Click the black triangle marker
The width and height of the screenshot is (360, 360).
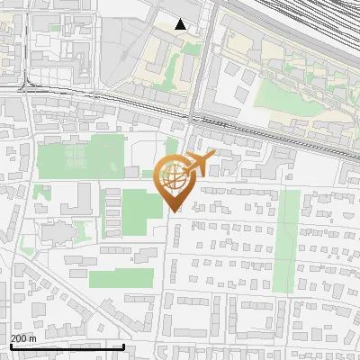[181, 24]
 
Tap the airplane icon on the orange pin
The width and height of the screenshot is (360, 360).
[202, 162]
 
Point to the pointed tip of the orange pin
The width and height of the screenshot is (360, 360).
[175, 212]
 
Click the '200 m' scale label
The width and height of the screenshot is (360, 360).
[24, 338]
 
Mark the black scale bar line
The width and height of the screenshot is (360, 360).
[67, 346]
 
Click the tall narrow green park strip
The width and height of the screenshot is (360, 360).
[289, 239]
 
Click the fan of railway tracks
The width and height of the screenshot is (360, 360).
[306, 27]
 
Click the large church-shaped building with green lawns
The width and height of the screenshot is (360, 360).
[55, 233]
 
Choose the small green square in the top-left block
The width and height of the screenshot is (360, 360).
[54, 27]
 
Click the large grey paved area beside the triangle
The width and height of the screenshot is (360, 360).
[135, 54]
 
